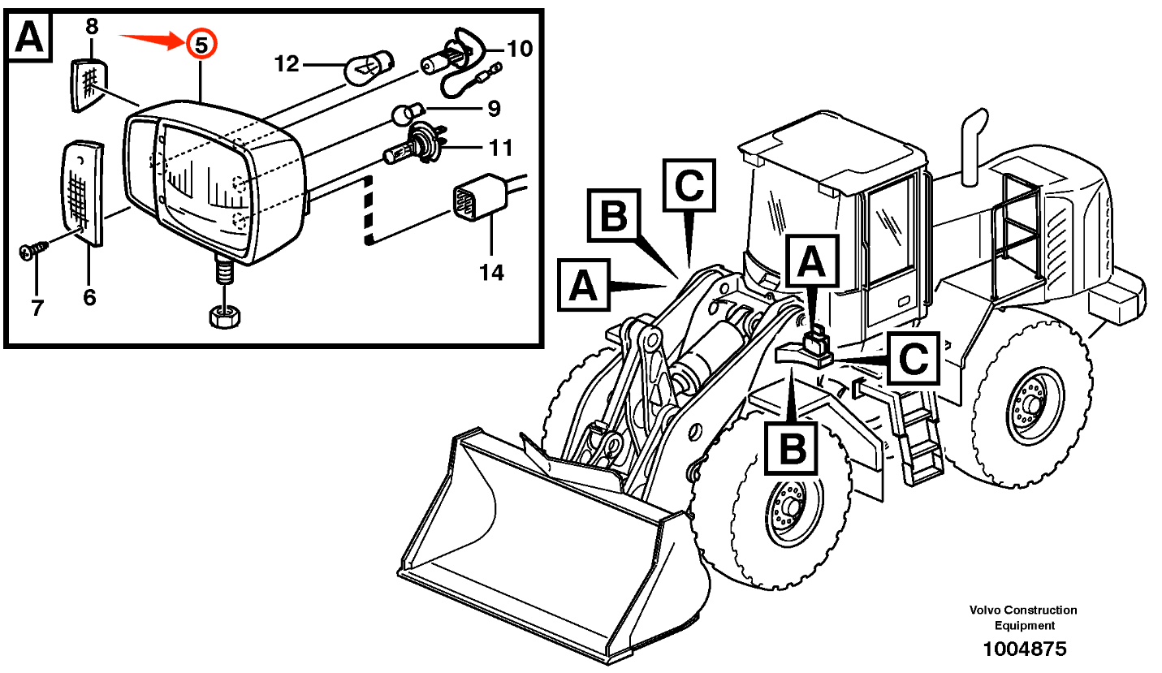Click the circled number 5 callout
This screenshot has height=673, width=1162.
coord(201,44)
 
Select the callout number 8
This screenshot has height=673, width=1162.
coord(92,27)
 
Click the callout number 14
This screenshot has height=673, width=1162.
coord(491,272)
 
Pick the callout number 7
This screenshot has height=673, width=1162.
coord(37,308)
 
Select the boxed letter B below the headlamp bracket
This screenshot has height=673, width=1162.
coord(791,447)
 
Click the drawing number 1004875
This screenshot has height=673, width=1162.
coord(1024,649)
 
